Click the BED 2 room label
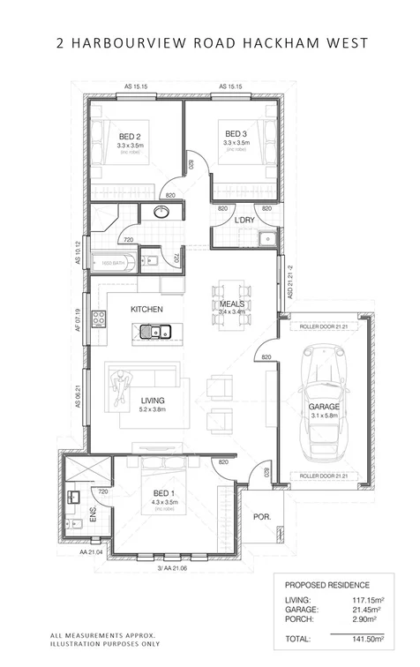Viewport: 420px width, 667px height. pos(130,135)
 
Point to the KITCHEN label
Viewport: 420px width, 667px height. pos(145,310)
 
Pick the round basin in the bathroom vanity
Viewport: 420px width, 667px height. pos(161,212)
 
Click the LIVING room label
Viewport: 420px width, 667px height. pos(153,400)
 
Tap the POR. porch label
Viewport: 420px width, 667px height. pos(261,517)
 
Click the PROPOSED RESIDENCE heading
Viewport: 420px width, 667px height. pos(327,584)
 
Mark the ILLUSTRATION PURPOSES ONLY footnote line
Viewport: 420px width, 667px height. pos(100,644)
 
